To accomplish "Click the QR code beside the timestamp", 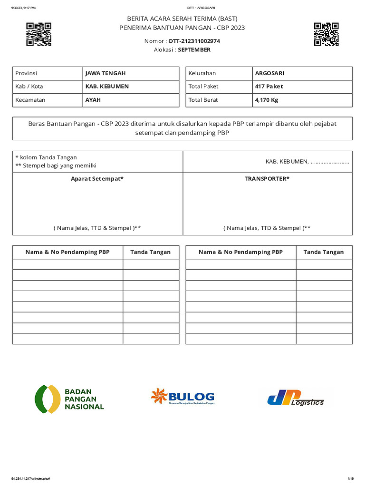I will tap(38, 34).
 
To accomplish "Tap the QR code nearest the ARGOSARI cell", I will tap(326, 34).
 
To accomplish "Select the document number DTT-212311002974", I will tap(194, 41).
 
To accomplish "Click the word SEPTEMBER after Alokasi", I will tap(194, 49).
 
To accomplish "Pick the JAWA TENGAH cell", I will tap(106, 73).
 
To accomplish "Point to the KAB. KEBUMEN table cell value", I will tap(107, 87).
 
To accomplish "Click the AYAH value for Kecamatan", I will tap(93, 100).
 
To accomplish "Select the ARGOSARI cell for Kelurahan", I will tap(269, 73).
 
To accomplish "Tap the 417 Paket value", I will tap(269, 87).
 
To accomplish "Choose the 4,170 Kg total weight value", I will tap(267, 100).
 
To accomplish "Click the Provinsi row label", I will tap(26, 73).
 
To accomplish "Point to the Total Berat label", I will tap(203, 100).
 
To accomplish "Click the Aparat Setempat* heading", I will tap(97, 179).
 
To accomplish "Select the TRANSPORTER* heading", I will tap(267, 179).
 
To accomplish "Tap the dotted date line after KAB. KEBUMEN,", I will tap(330, 162).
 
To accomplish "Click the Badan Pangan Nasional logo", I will tap(69, 399).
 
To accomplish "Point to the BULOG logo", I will tap(182, 397).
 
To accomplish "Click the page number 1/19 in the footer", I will tap(350, 478).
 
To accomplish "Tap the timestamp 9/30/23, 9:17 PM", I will tap(23, 8).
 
